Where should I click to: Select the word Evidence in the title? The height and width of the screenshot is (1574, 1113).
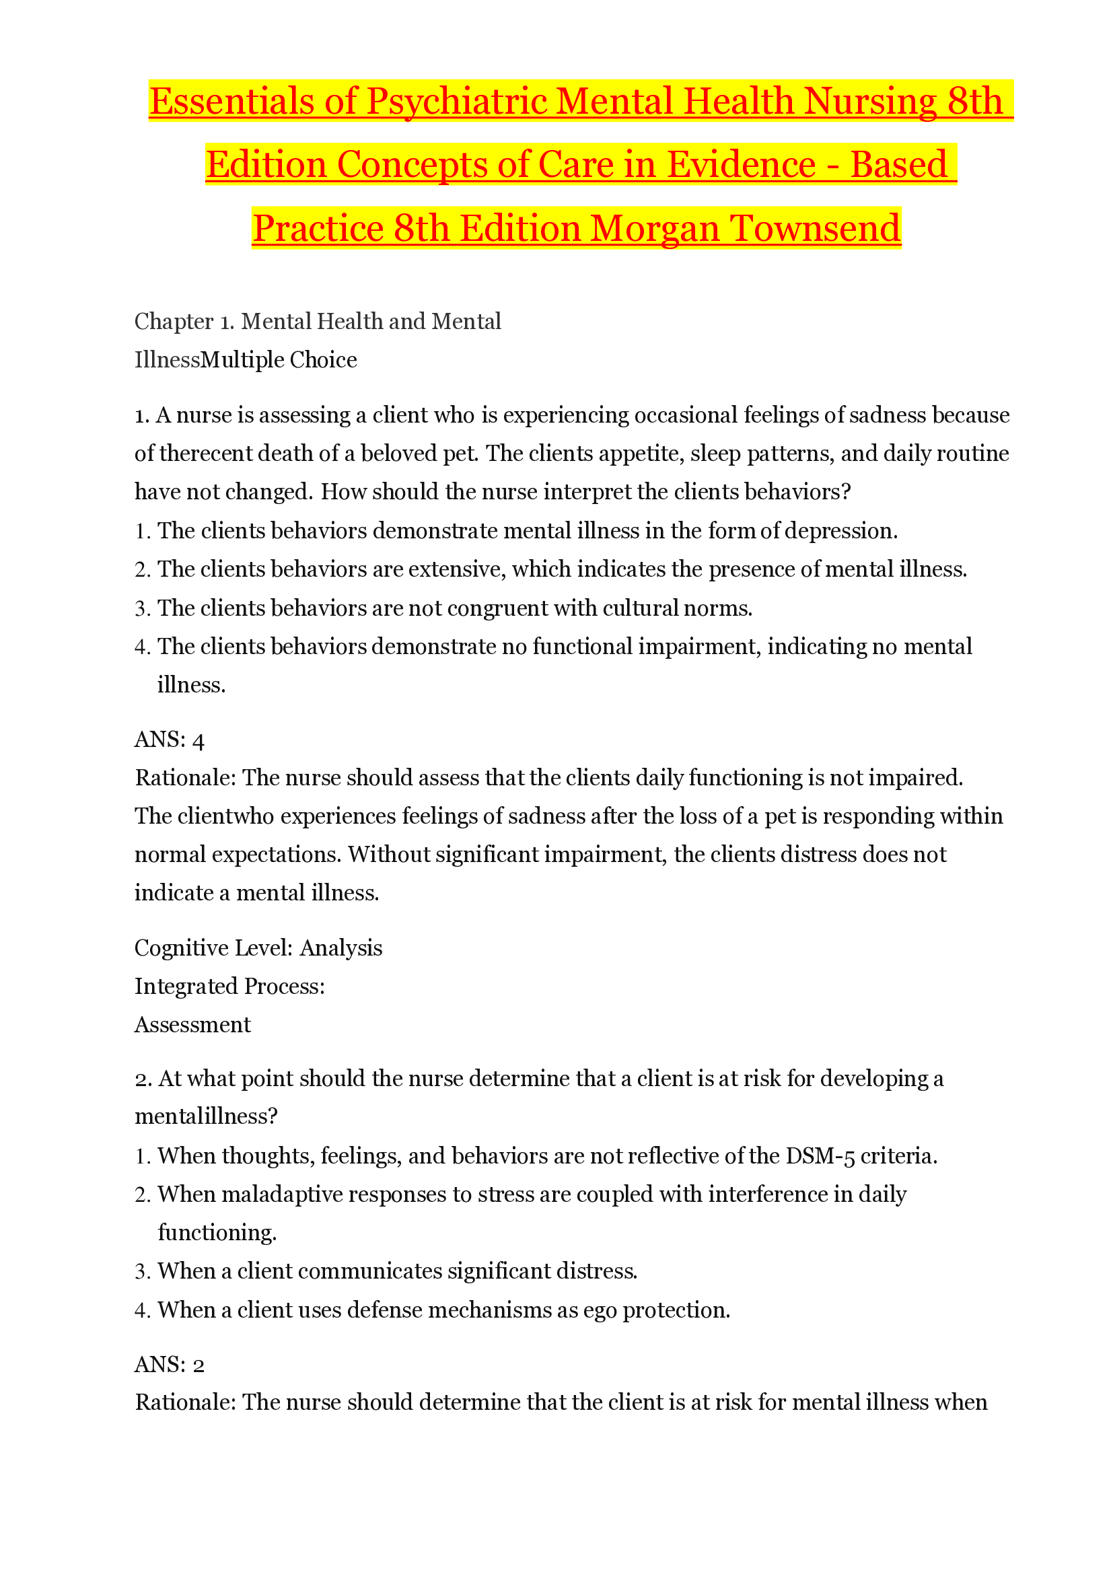(741, 166)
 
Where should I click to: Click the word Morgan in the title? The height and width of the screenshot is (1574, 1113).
(655, 229)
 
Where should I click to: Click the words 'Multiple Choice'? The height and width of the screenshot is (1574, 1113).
(279, 360)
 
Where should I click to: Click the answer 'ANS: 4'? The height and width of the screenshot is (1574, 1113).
(170, 740)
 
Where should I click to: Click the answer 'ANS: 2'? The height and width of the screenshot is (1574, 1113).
(170, 1364)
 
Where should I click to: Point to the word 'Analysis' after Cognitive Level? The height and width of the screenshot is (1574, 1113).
(340, 948)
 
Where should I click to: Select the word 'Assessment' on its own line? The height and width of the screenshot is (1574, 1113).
(192, 1025)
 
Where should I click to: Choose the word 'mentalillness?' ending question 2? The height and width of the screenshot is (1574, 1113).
(206, 1117)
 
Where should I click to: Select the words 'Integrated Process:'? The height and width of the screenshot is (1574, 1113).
(229, 987)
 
